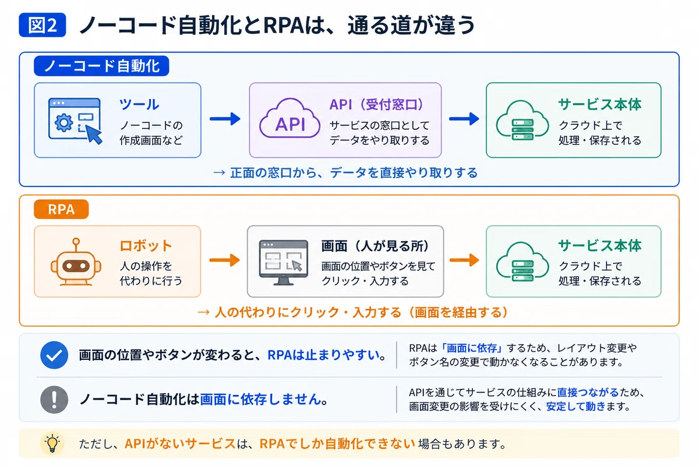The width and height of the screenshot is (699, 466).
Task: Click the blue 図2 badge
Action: tap(43, 25)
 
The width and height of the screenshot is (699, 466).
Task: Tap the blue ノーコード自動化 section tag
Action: tap(101, 66)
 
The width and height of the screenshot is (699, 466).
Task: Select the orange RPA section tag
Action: tap(61, 209)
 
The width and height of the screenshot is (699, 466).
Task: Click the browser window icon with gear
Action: tap(75, 121)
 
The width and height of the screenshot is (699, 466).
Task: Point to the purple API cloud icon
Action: tap(290, 119)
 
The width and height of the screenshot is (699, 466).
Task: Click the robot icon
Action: tap(76, 262)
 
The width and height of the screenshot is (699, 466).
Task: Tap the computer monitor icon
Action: tap(283, 263)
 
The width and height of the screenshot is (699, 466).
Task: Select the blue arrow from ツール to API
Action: tap(225, 119)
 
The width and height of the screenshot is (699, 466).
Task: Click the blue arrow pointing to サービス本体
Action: tap(464, 119)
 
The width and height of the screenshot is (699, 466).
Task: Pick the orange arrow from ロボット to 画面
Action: tap(225, 260)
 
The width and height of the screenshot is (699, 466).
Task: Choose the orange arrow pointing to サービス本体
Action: tap(464, 260)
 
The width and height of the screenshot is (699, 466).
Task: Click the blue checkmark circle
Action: tap(54, 355)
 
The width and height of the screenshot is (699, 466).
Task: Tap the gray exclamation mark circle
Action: tap(54, 400)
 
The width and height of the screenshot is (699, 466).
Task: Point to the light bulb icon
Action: tap(52, 443)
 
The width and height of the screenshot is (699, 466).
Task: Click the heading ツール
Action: tap(139, 104)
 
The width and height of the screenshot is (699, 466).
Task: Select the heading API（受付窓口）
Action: tap(376, 104)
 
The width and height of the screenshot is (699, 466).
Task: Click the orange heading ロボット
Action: tap(146, 246)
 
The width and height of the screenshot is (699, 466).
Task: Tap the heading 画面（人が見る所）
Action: tap(375, 246)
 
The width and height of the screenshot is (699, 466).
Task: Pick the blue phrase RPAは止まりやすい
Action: tap(323, 355)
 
